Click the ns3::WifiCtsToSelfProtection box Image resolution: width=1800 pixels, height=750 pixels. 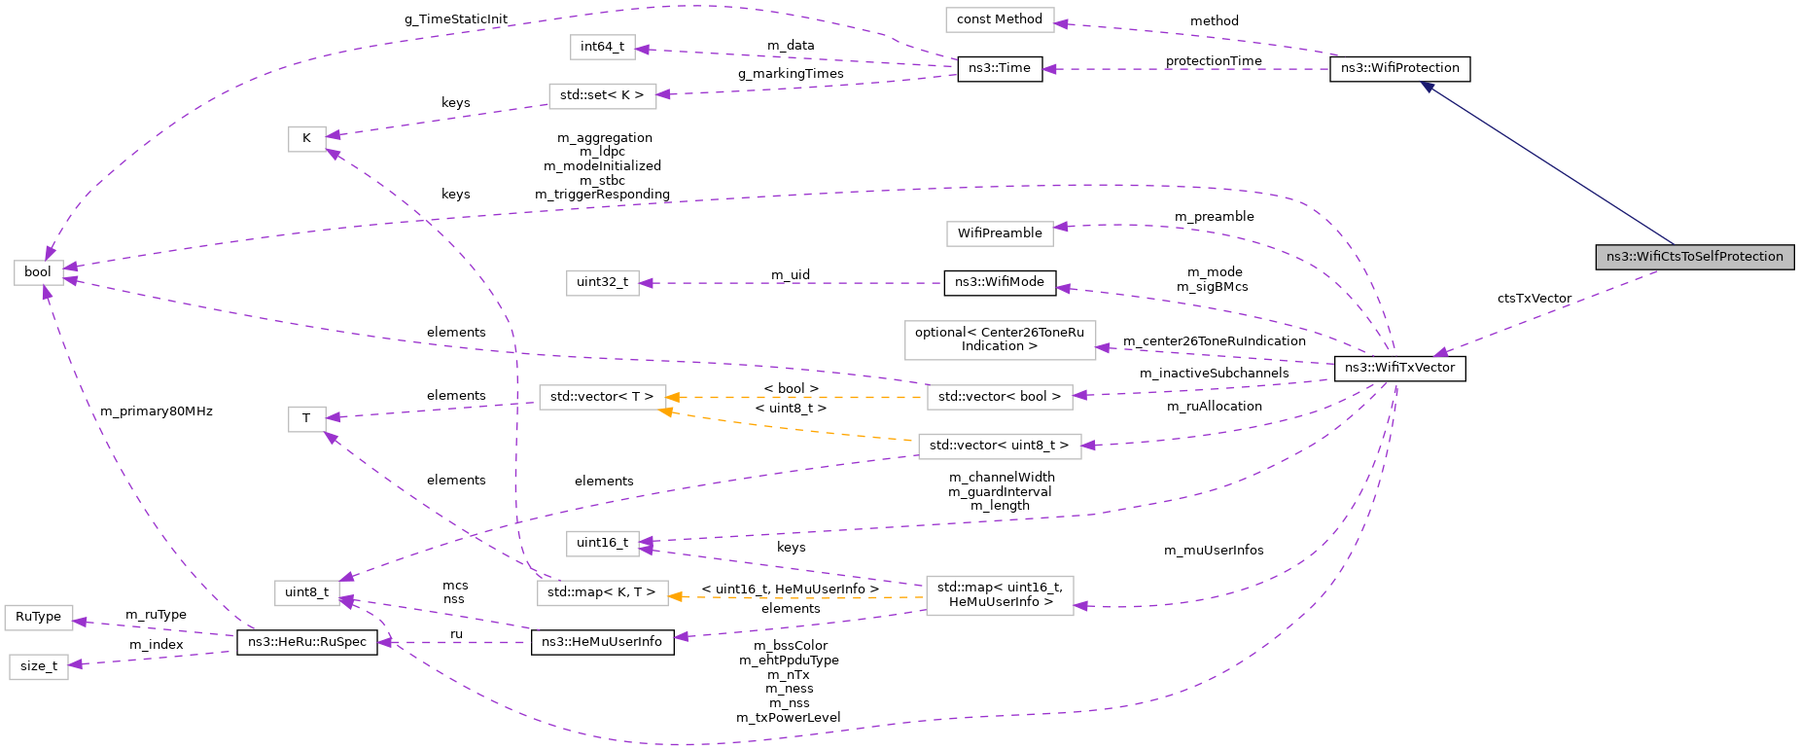point(1694,257)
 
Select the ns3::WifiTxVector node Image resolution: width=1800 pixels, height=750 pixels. point(1399,368)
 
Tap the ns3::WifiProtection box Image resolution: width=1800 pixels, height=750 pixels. point(1399,68)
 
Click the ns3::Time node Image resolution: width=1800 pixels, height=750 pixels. point(1000,68)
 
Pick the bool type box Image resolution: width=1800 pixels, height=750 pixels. point(38,272)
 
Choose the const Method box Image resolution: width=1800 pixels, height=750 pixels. point(999,19)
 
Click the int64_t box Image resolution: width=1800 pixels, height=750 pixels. point(602,47)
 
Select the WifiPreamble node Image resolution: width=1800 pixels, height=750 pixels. point(999,233)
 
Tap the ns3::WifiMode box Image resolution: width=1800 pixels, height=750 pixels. point(999,282)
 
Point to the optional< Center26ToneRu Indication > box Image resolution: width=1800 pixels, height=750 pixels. point(999,339)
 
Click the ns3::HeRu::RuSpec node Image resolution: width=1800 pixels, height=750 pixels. point(307,642)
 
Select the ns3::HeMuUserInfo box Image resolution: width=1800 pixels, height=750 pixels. point(602,642)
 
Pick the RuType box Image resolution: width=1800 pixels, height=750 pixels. point(38,617)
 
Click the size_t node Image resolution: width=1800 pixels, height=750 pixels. point(38,666)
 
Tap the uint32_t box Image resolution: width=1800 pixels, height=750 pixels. point(602,282)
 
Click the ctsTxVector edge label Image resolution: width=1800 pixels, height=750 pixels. point(1534,299)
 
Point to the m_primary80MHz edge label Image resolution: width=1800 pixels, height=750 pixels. point(156,411)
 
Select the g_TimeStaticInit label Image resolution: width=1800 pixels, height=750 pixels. point(455,19)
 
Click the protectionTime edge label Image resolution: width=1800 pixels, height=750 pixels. point(1213,61)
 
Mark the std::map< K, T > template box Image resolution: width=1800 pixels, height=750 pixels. point(601,592)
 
